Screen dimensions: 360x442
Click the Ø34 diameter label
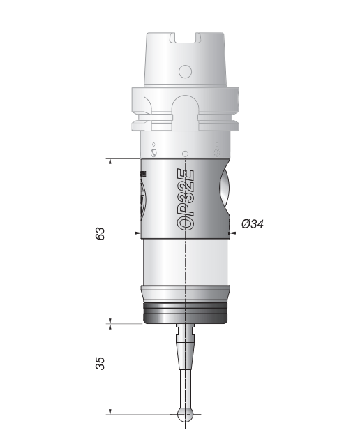click(x=253, y=224)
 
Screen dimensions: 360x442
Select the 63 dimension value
click(x=100, y=233)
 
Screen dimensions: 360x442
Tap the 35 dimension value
click(x=100, y=363)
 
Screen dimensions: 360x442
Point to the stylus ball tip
click(x=185, y=414)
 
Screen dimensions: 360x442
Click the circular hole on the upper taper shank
click(x=185, y=71)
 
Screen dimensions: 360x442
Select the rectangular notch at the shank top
click(x=185, y=38)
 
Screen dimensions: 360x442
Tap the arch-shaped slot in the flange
click(x=185, y=112)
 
